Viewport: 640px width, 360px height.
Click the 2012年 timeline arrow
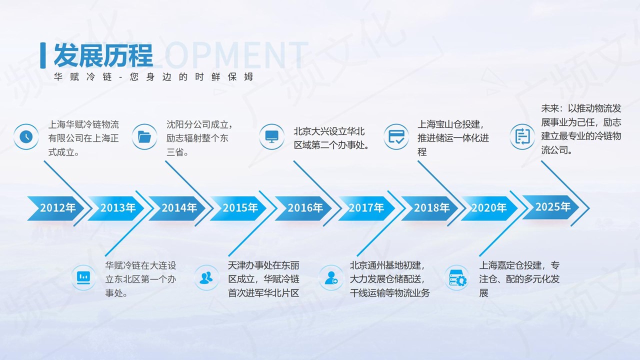55,208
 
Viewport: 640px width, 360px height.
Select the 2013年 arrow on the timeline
116,208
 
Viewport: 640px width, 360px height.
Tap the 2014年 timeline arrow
177,208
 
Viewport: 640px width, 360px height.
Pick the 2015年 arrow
238,208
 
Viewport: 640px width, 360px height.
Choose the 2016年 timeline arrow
303,208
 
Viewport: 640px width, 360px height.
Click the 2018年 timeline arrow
429,208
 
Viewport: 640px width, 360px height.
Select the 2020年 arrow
489,208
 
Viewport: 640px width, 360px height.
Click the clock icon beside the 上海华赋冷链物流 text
26,136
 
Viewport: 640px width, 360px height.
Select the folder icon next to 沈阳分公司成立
144,136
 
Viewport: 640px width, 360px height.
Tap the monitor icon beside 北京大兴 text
271,136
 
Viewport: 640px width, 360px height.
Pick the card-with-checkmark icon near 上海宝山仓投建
396,136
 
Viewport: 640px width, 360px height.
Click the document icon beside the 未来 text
522,136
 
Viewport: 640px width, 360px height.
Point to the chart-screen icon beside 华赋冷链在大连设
83,277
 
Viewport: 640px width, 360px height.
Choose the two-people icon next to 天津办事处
206,277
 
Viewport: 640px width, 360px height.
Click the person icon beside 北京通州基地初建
331,277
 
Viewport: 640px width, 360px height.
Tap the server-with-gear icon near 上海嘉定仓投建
456,277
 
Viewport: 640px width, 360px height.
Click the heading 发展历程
103,55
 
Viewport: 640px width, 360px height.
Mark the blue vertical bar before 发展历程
43,55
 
